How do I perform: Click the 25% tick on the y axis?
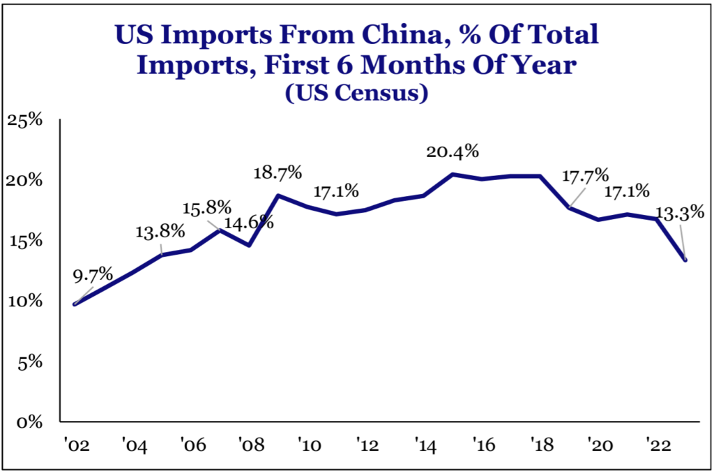click(x=25, y=120)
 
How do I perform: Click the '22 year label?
click(x=658, y=443)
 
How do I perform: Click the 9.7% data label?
click(x=93, y=275)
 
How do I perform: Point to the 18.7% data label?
click(x=278, y=172)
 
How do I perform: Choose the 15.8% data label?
click(x=207, y=208)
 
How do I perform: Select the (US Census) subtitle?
click(x=356, y=94)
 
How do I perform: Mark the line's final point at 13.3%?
click(x=685, y=260)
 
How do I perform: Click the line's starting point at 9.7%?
click(x=75, y=304)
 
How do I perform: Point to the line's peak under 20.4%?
click(x=453, y=174)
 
